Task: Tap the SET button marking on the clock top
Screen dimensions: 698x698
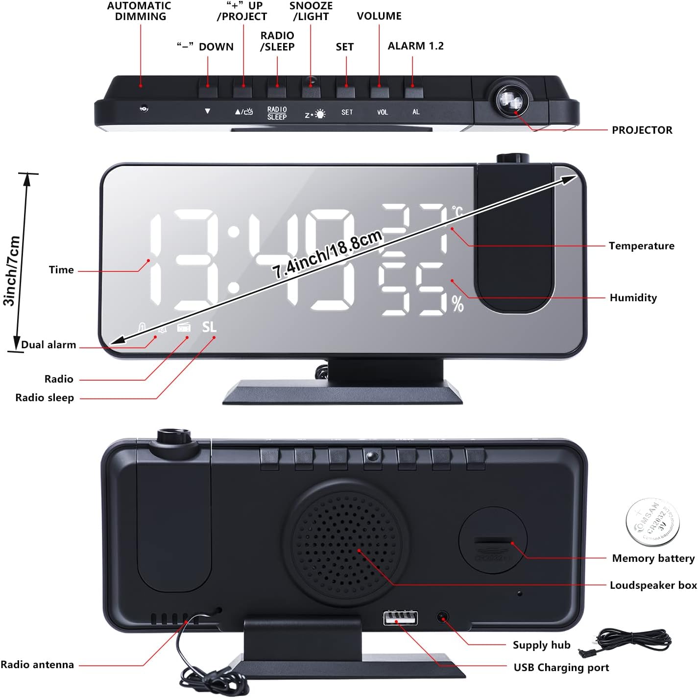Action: [x=347, y=112]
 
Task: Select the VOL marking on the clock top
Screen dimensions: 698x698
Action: [x=382, y=112]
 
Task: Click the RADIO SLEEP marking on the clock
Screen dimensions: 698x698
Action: [x=277, y=113]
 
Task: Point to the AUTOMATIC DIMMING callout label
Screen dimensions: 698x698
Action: [x=140, y=11]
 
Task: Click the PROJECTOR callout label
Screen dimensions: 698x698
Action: [x=642, y=130]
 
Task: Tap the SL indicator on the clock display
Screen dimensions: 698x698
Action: [x=209, y=327]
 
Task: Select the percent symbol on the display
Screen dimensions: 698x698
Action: [x=457, y=304]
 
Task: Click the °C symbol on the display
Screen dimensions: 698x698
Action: [x=457, y=211]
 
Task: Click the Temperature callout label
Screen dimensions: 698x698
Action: [x=641, y=246]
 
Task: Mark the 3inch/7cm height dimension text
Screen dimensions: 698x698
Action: [x=12, y=271]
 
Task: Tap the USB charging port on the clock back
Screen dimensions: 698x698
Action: [x=401, y=618]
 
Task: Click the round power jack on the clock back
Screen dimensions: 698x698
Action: [x=443, y=617]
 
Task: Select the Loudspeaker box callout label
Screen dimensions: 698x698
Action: [x=653, y=585]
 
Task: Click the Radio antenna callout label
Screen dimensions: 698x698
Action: [x=37, y=665]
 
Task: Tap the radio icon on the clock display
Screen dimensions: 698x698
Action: [x=184, y=327]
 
